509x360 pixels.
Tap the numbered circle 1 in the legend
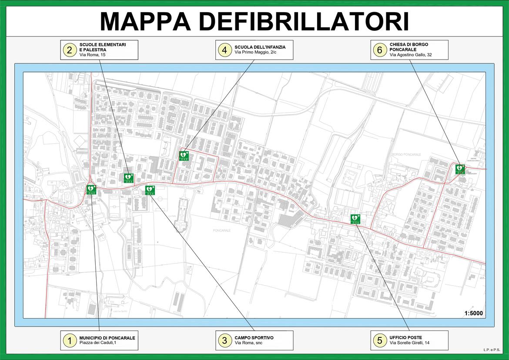point(69,340)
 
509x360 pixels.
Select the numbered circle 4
point(224,50)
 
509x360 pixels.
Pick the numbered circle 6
point(379,50)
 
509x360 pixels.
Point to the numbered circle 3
point(224,340)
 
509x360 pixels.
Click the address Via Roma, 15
point(92,55)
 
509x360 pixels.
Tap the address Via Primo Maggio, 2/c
point(255,52)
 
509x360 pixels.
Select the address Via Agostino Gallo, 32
point(411,55)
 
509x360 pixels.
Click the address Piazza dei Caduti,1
point(98,343)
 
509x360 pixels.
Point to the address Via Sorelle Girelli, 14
point(409,343)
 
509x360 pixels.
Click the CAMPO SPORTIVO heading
point(254,338)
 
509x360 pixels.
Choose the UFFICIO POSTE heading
point(406,338)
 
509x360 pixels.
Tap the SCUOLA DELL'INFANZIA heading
point(260,47)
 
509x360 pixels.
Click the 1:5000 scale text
point(473,313)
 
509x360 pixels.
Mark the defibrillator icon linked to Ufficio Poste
point(355,219)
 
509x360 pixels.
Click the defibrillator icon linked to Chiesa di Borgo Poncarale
point(460,169)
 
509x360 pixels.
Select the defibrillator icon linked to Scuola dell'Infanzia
point(184,156)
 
